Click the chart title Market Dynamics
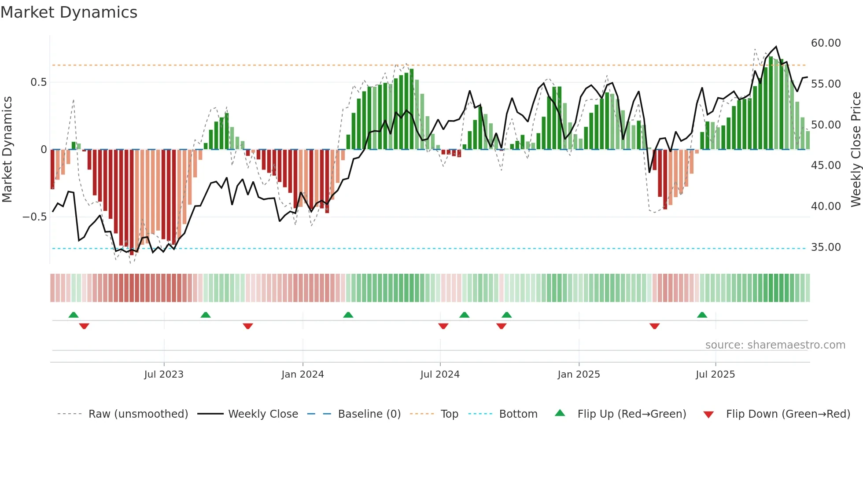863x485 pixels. (x=69, y=12)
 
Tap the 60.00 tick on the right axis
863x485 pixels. (x=826, y=43)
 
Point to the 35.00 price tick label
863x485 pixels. (x=826, y=247)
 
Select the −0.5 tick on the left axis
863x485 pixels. (x=34, y=217)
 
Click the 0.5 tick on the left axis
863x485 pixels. (x=38, y=82)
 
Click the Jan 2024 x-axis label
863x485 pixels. (x=302, y=375)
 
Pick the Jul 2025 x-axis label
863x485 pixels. (x=715, y=375)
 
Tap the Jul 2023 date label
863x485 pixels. (x=164, y=375)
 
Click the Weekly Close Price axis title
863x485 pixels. (x=856, y=150)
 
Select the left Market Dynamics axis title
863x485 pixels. (x=7, y=150)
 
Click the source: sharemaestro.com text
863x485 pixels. (x=775, y=345)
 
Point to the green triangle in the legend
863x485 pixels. (x=560, y=413)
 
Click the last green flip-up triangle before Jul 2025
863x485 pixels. (x=702, y=315)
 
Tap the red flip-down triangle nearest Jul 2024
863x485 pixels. (x=443, y=326)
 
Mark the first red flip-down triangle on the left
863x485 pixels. (x=84, y=326)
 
